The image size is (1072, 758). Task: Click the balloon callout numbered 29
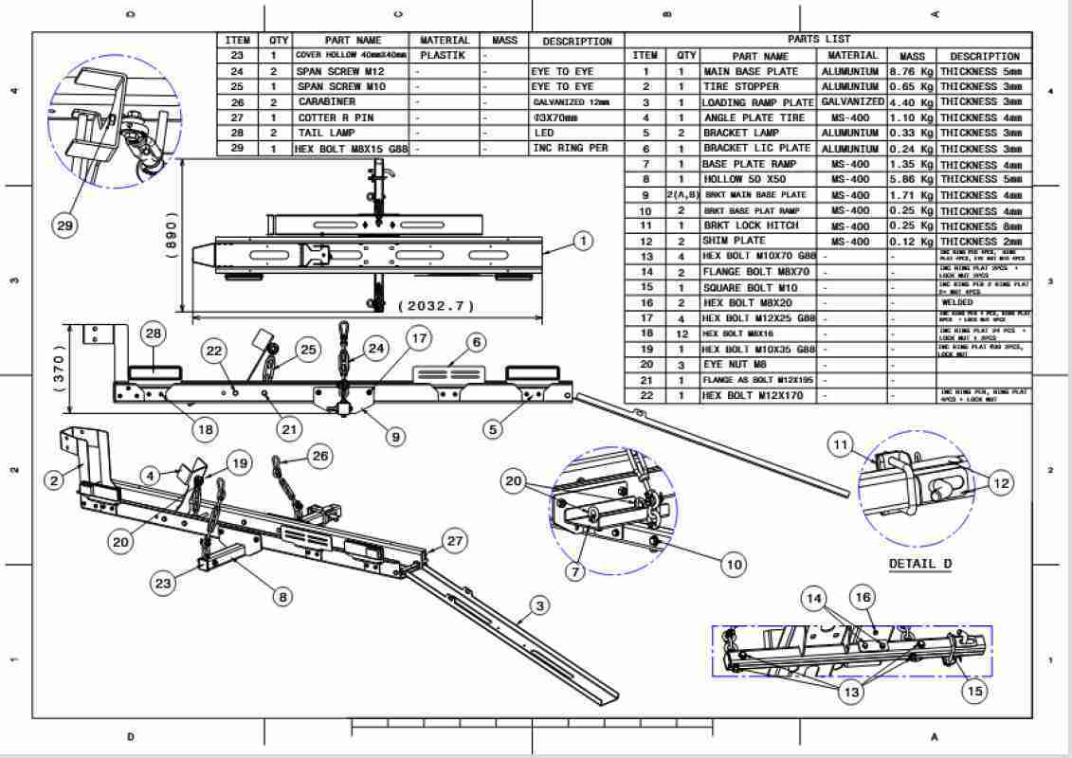click(x=65, y=226)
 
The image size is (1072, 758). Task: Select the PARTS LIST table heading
click(x=818, y=40)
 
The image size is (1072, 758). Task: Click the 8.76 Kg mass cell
click(x=911, y=71)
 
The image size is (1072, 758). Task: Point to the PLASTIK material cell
click(x=440, y=56)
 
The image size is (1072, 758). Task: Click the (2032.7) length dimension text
click(x=437, y=307)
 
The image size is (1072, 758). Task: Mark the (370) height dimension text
click(x=60, y=370)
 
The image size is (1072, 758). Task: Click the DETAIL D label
click(x=919, y=565)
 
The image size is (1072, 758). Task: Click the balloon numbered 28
click(x=153, y=333)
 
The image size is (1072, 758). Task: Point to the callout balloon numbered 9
click(x=395, y=437)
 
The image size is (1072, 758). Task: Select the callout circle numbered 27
click(x=456, y=541)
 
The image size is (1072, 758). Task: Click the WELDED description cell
click(x=957, y=303)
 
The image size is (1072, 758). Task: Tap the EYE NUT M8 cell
click(x=740, y=365)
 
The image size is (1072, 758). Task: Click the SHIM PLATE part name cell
click(x=735, y=242)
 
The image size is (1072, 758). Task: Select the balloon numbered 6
click(x=475, y=341)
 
